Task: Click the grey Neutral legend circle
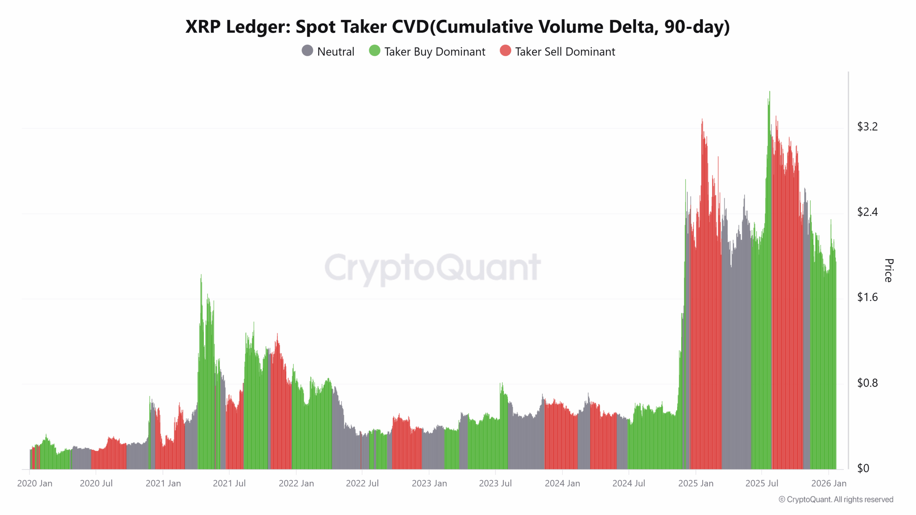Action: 307,51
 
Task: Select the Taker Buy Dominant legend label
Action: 434,52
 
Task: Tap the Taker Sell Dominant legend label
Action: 565,52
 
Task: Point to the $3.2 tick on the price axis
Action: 867,127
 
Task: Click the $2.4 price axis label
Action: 867,212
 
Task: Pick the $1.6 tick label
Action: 867,297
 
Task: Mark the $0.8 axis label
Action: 867,383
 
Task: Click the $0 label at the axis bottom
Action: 863,468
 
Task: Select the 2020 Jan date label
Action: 35,483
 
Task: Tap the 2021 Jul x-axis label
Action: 229,483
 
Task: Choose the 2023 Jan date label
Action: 429,483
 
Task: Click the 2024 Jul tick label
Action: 628,483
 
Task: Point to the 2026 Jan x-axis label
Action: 828,483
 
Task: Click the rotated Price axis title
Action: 888,270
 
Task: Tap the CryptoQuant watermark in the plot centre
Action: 432,268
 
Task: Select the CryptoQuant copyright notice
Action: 835,499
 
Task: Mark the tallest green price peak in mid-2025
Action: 769,92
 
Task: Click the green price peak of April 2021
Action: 201,275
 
